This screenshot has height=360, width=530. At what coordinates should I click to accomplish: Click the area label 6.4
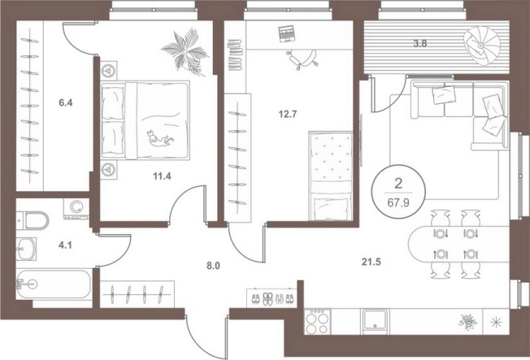(x=66, y=102)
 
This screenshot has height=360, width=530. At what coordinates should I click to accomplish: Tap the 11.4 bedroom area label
(x=163, y=176)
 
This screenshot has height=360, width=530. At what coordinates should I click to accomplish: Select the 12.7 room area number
(x=288, y=114)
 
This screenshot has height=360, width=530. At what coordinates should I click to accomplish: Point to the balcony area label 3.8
(x=419, y=43)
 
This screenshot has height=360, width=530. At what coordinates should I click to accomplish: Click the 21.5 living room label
(x=371, y=262)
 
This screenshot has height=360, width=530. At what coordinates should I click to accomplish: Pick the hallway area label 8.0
(x=213, y=266)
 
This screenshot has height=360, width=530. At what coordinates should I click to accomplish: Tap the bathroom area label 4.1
(x=65, y=245)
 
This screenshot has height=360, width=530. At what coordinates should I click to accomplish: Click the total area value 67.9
(x=398, y=203)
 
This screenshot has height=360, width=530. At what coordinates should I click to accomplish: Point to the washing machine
(x=76, y=208)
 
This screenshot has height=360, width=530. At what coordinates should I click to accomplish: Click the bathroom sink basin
(x=26, y=249)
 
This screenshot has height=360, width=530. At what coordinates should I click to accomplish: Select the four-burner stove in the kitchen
(x=318, y=322)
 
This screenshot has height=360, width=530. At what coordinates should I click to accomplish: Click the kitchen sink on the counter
(x=375, y=322)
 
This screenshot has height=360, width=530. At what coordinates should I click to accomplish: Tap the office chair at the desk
(x=302, y=59)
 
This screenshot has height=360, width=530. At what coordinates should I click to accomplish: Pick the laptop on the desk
(x=287, y=34)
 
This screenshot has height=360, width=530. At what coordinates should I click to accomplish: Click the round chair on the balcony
(x=482, y=46)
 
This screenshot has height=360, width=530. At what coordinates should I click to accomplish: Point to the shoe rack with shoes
(x=272, y=297)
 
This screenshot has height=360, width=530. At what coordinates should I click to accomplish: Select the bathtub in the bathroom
(x=53, y=284)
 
